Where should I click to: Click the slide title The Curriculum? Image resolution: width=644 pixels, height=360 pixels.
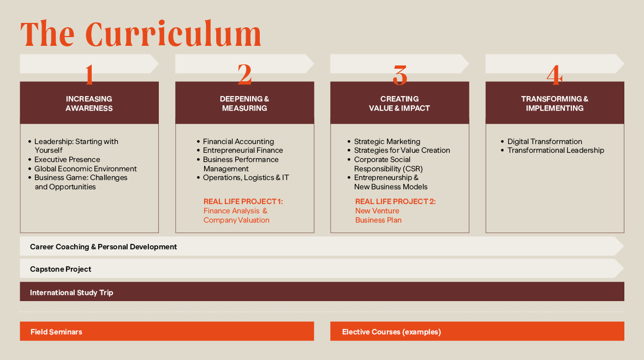click(141, 34)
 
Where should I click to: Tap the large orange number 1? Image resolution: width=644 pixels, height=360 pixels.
click(89, 74)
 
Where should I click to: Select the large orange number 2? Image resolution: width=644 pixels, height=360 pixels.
click(245, 74)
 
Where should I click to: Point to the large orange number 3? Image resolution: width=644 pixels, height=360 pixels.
click(399, 75)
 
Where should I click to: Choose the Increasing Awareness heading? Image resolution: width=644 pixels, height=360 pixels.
click(89, 104)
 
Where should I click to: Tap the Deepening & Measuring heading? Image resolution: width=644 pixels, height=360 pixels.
click(245, 104)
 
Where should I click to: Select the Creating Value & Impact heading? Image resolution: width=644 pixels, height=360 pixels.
click(399, 104)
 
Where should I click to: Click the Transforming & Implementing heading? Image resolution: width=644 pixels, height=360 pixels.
click(554, 104)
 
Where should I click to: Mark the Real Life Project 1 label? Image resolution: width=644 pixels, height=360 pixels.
click(243, 202)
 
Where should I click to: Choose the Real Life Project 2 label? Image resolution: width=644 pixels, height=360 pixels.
click(395, 202)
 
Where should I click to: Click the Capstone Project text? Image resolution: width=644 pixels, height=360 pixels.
click(61, 269)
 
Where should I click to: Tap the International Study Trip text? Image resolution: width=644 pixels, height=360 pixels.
click(71, 293)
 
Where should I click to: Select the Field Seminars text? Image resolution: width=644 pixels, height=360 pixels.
click(56, 332)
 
